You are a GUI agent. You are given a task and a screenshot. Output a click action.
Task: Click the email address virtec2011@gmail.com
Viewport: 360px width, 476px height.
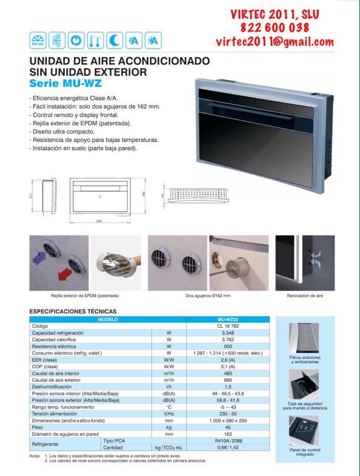click(x=274, y=41)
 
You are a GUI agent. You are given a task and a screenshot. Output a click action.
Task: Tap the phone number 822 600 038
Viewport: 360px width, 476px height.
click(x=274, y=27)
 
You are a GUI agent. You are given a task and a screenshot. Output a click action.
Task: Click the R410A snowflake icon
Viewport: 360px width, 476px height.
click(x=38, y=40)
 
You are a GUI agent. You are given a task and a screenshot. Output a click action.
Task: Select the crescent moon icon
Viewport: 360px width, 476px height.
click(x=115, y=40)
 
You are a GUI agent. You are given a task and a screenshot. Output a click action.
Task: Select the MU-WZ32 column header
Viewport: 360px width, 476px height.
click(x=228, y=319)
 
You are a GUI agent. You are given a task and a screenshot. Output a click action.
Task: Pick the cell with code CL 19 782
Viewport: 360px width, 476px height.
click(x=228, y=326)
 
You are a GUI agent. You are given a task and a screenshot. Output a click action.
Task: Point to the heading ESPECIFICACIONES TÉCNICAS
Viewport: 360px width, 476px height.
click(x=73, y=311)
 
